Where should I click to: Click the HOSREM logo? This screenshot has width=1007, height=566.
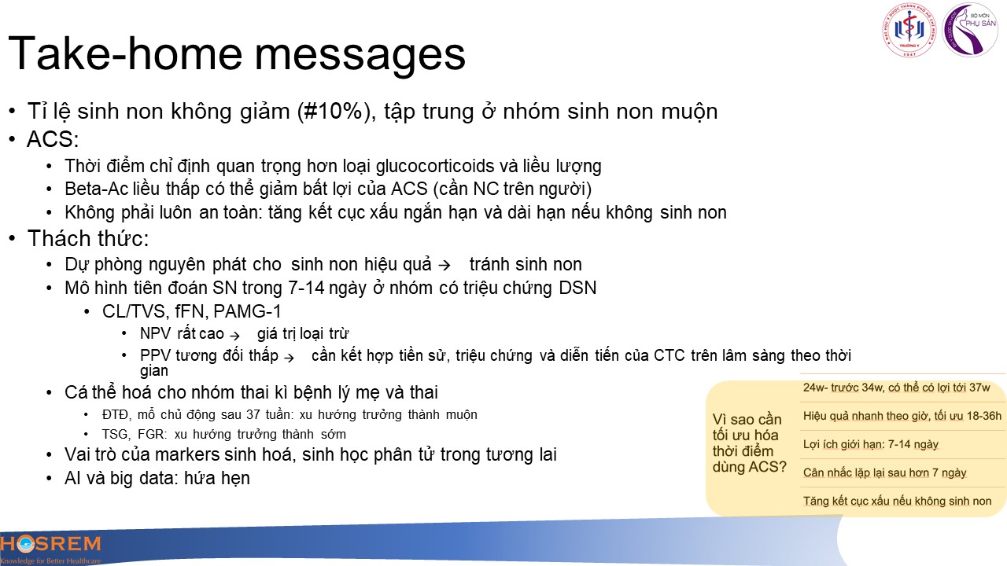[50, 549]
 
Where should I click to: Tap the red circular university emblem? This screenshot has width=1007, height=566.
[909, 31]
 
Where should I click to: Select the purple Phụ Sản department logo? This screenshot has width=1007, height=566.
[970, 30]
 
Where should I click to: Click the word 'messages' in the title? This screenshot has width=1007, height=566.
[360, 54]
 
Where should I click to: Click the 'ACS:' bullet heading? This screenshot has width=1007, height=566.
[53, 139]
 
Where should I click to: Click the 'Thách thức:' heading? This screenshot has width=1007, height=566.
[88, 238]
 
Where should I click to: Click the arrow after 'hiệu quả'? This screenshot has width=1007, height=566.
[444, 265]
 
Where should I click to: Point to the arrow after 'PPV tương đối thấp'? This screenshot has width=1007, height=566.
[289, 358]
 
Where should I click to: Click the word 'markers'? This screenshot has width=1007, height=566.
[186, 454]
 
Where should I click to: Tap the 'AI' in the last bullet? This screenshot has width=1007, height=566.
[72, 478]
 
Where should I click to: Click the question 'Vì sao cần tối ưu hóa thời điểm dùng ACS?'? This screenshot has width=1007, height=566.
[750, 443]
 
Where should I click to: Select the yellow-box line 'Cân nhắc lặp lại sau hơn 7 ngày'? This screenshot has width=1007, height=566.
[885, 473]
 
